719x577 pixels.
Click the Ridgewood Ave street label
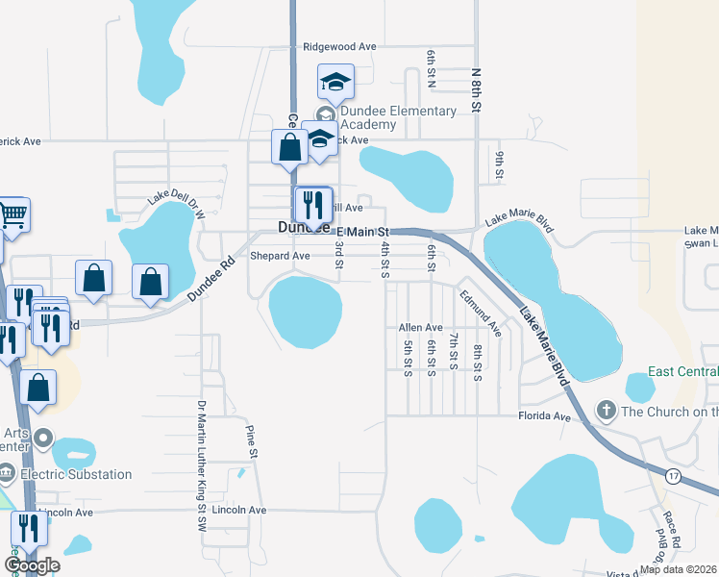tap(339, 46)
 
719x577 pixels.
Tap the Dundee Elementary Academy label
tap(397, 117)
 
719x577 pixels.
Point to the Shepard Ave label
tap(280, 256)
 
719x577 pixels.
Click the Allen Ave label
tap(420, 328)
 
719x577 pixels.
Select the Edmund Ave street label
tap(481, 313)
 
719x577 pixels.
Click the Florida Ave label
tap(545, 418)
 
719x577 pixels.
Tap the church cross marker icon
tap(606, 412)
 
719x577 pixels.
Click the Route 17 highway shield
tap(674, 474)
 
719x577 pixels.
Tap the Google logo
tap(31, 565)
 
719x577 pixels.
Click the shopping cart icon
tap(12, 214)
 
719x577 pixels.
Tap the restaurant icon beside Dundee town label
tap(313, 204)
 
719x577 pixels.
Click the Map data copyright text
tap(678, 569)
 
